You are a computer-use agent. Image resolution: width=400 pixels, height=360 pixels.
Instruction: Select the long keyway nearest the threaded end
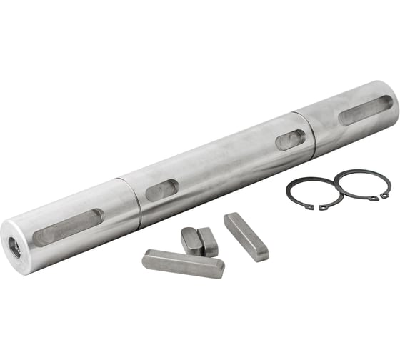pos(67,228)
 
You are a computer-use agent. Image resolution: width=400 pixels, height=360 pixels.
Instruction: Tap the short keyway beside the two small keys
pos(161,189)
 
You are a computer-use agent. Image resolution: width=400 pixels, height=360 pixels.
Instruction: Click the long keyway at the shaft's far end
pos(365,109)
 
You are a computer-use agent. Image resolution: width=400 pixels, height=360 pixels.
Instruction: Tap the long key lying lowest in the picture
pos(183,263)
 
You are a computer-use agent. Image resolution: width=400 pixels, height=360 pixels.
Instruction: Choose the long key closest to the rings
pos(246,236)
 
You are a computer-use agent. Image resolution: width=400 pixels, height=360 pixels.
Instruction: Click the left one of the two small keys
pos(191,241)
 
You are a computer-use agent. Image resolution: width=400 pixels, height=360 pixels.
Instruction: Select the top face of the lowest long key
pos(183,259)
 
